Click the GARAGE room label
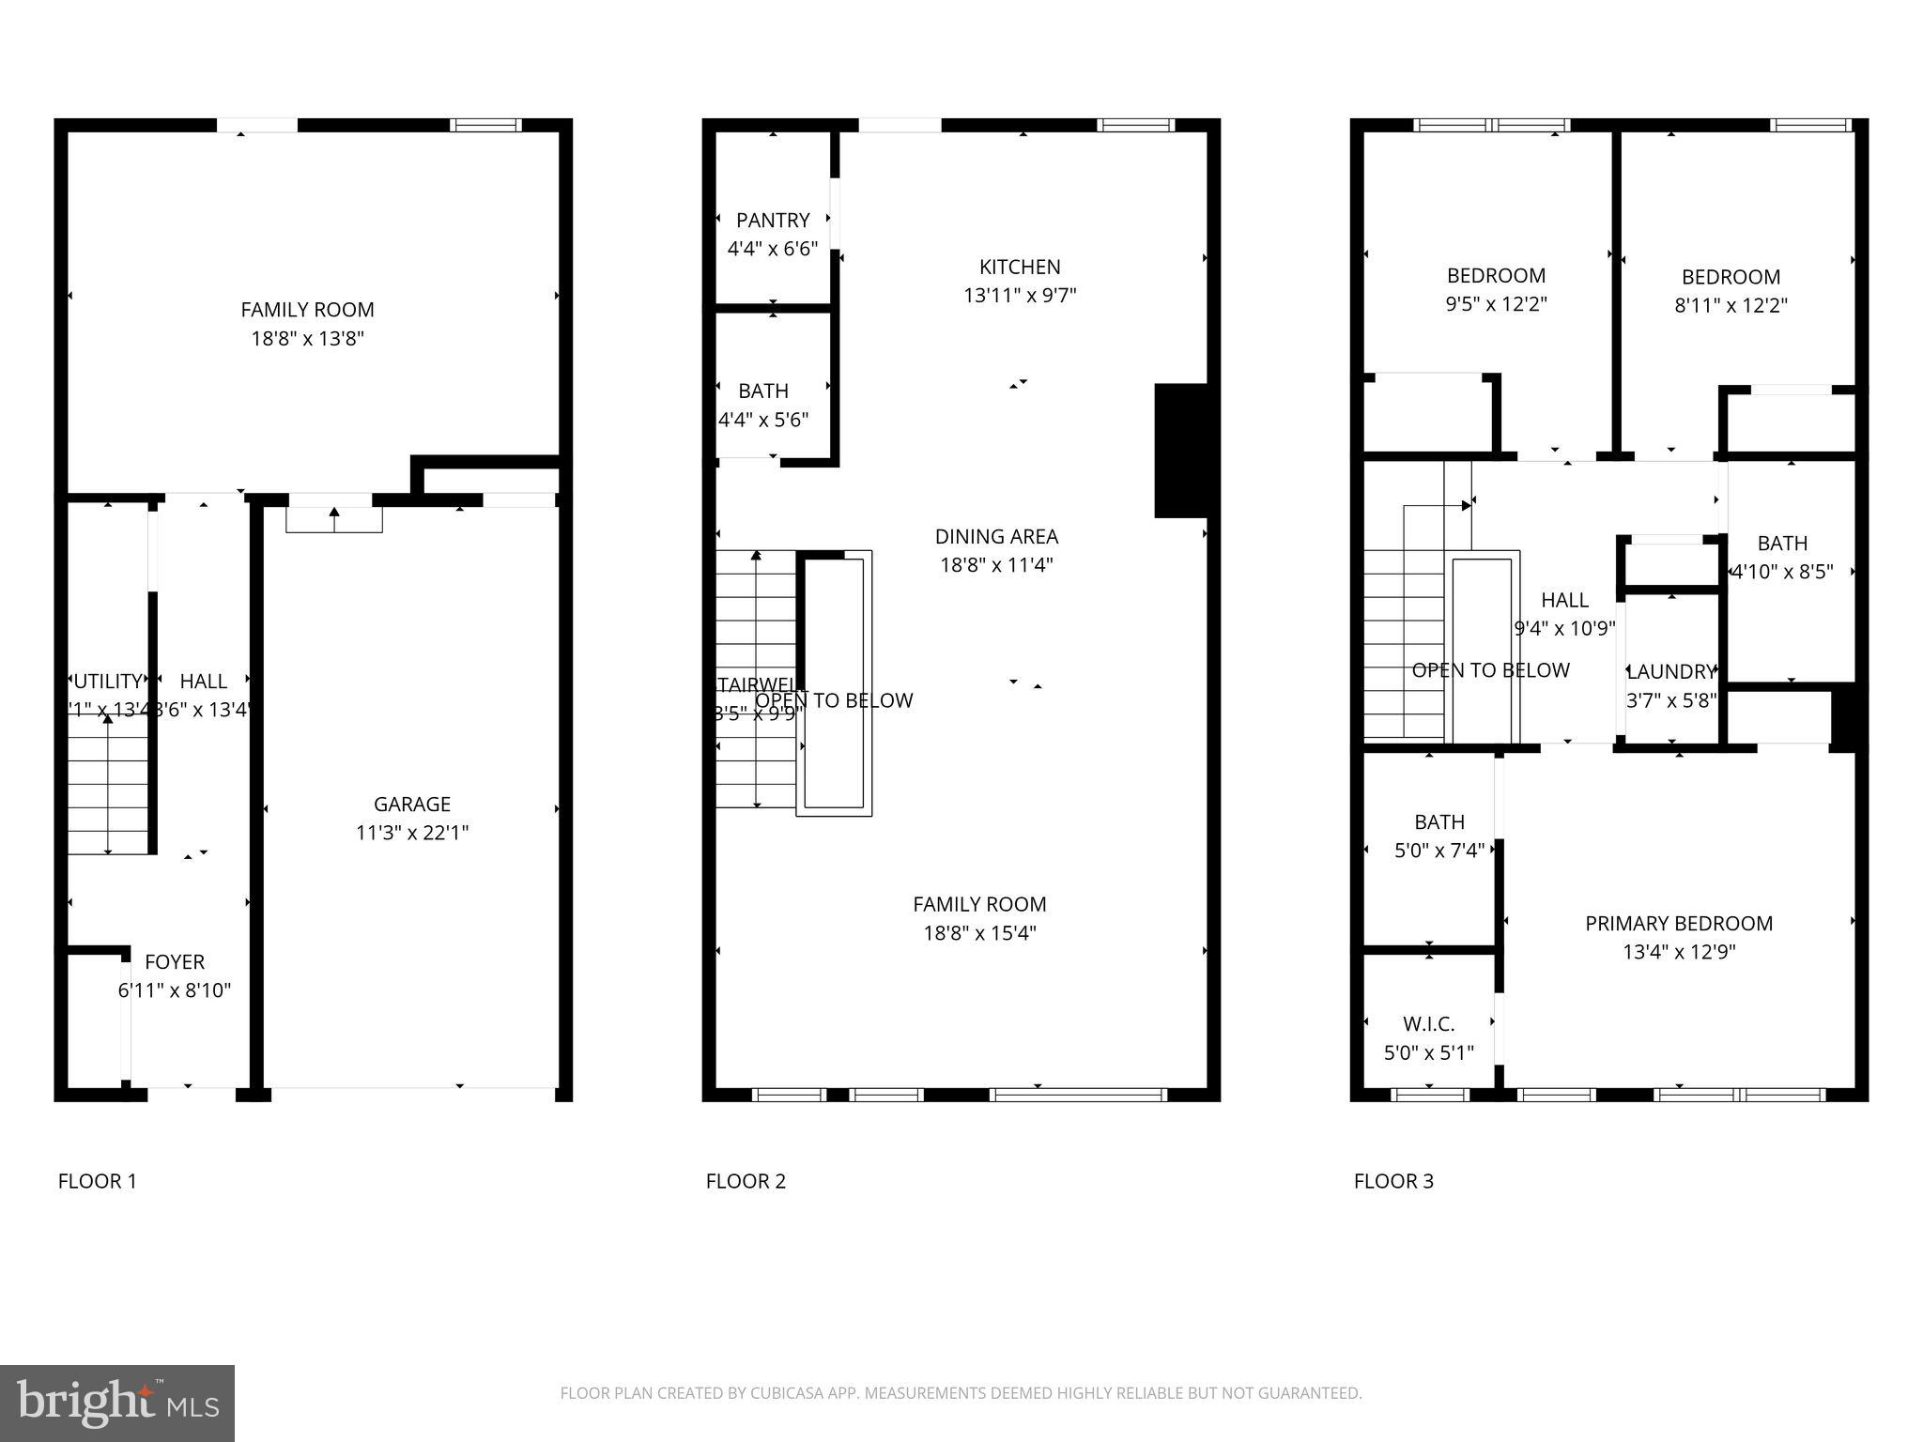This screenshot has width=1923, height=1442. [411, 805]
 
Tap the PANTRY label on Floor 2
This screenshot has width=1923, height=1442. [772, 221]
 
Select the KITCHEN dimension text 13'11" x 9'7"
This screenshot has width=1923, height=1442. [1019, 296]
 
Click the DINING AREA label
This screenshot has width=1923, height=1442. [996, 537]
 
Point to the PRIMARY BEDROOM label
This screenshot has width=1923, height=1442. [1678, 924]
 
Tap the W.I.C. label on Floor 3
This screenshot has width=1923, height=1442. [1428, 1024]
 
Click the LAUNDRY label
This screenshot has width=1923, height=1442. [1671, 672]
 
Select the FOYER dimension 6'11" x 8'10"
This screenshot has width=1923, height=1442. [175, 990]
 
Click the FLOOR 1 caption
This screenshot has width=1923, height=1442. [98, 1182]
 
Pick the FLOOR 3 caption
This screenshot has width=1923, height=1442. [1393, 1182]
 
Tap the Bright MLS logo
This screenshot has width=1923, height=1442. [117, 1404]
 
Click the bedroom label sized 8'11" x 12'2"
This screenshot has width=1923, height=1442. [1730, 278]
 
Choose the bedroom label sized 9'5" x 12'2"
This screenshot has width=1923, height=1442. [1496, 276]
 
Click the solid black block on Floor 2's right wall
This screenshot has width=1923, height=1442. [1181, 451]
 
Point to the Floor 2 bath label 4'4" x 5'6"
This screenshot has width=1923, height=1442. [762, 391]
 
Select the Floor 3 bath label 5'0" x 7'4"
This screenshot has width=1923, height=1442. [1438, 822]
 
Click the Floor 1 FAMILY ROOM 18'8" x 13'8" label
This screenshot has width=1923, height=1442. [307, 311]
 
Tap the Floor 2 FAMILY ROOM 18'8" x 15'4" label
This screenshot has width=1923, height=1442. [979, 905]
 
